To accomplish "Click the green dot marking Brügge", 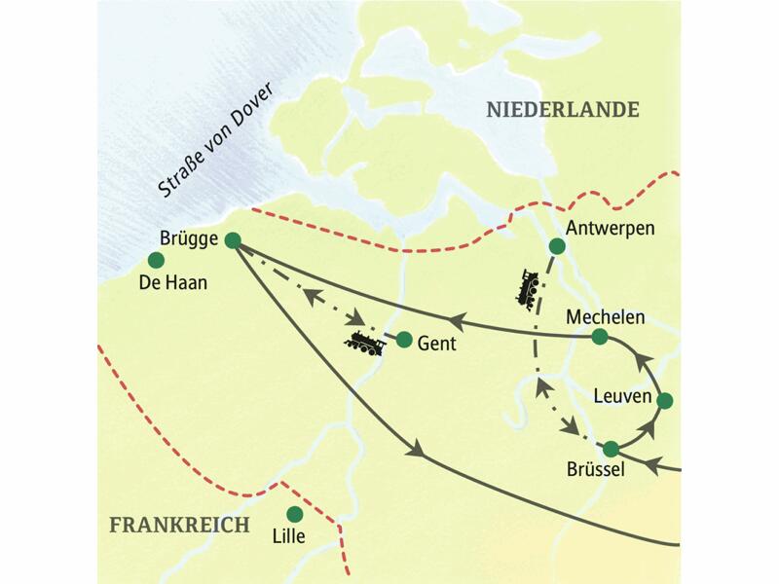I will pyautogui.click(x=232, y=239).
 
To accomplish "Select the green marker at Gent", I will pyautogui.click(x=403, y=340).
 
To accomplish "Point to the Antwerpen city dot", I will pyautogui.click(x=556, y=246).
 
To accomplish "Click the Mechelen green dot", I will pyautogui.click(x=600, y=337).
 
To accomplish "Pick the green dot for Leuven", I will pyautogui.click(x=665, y=400).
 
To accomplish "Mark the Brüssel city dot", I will pyautogui.click(x=611, y=449).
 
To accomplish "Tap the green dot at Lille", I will pyautogui.click(x=294, y=514).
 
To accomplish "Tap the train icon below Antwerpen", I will pyautogui.click(x=529, y=289).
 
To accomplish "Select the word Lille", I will pyautogui.click(x=289, y=536).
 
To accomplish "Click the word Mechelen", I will pyautogui.click(x=605, y=315).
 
